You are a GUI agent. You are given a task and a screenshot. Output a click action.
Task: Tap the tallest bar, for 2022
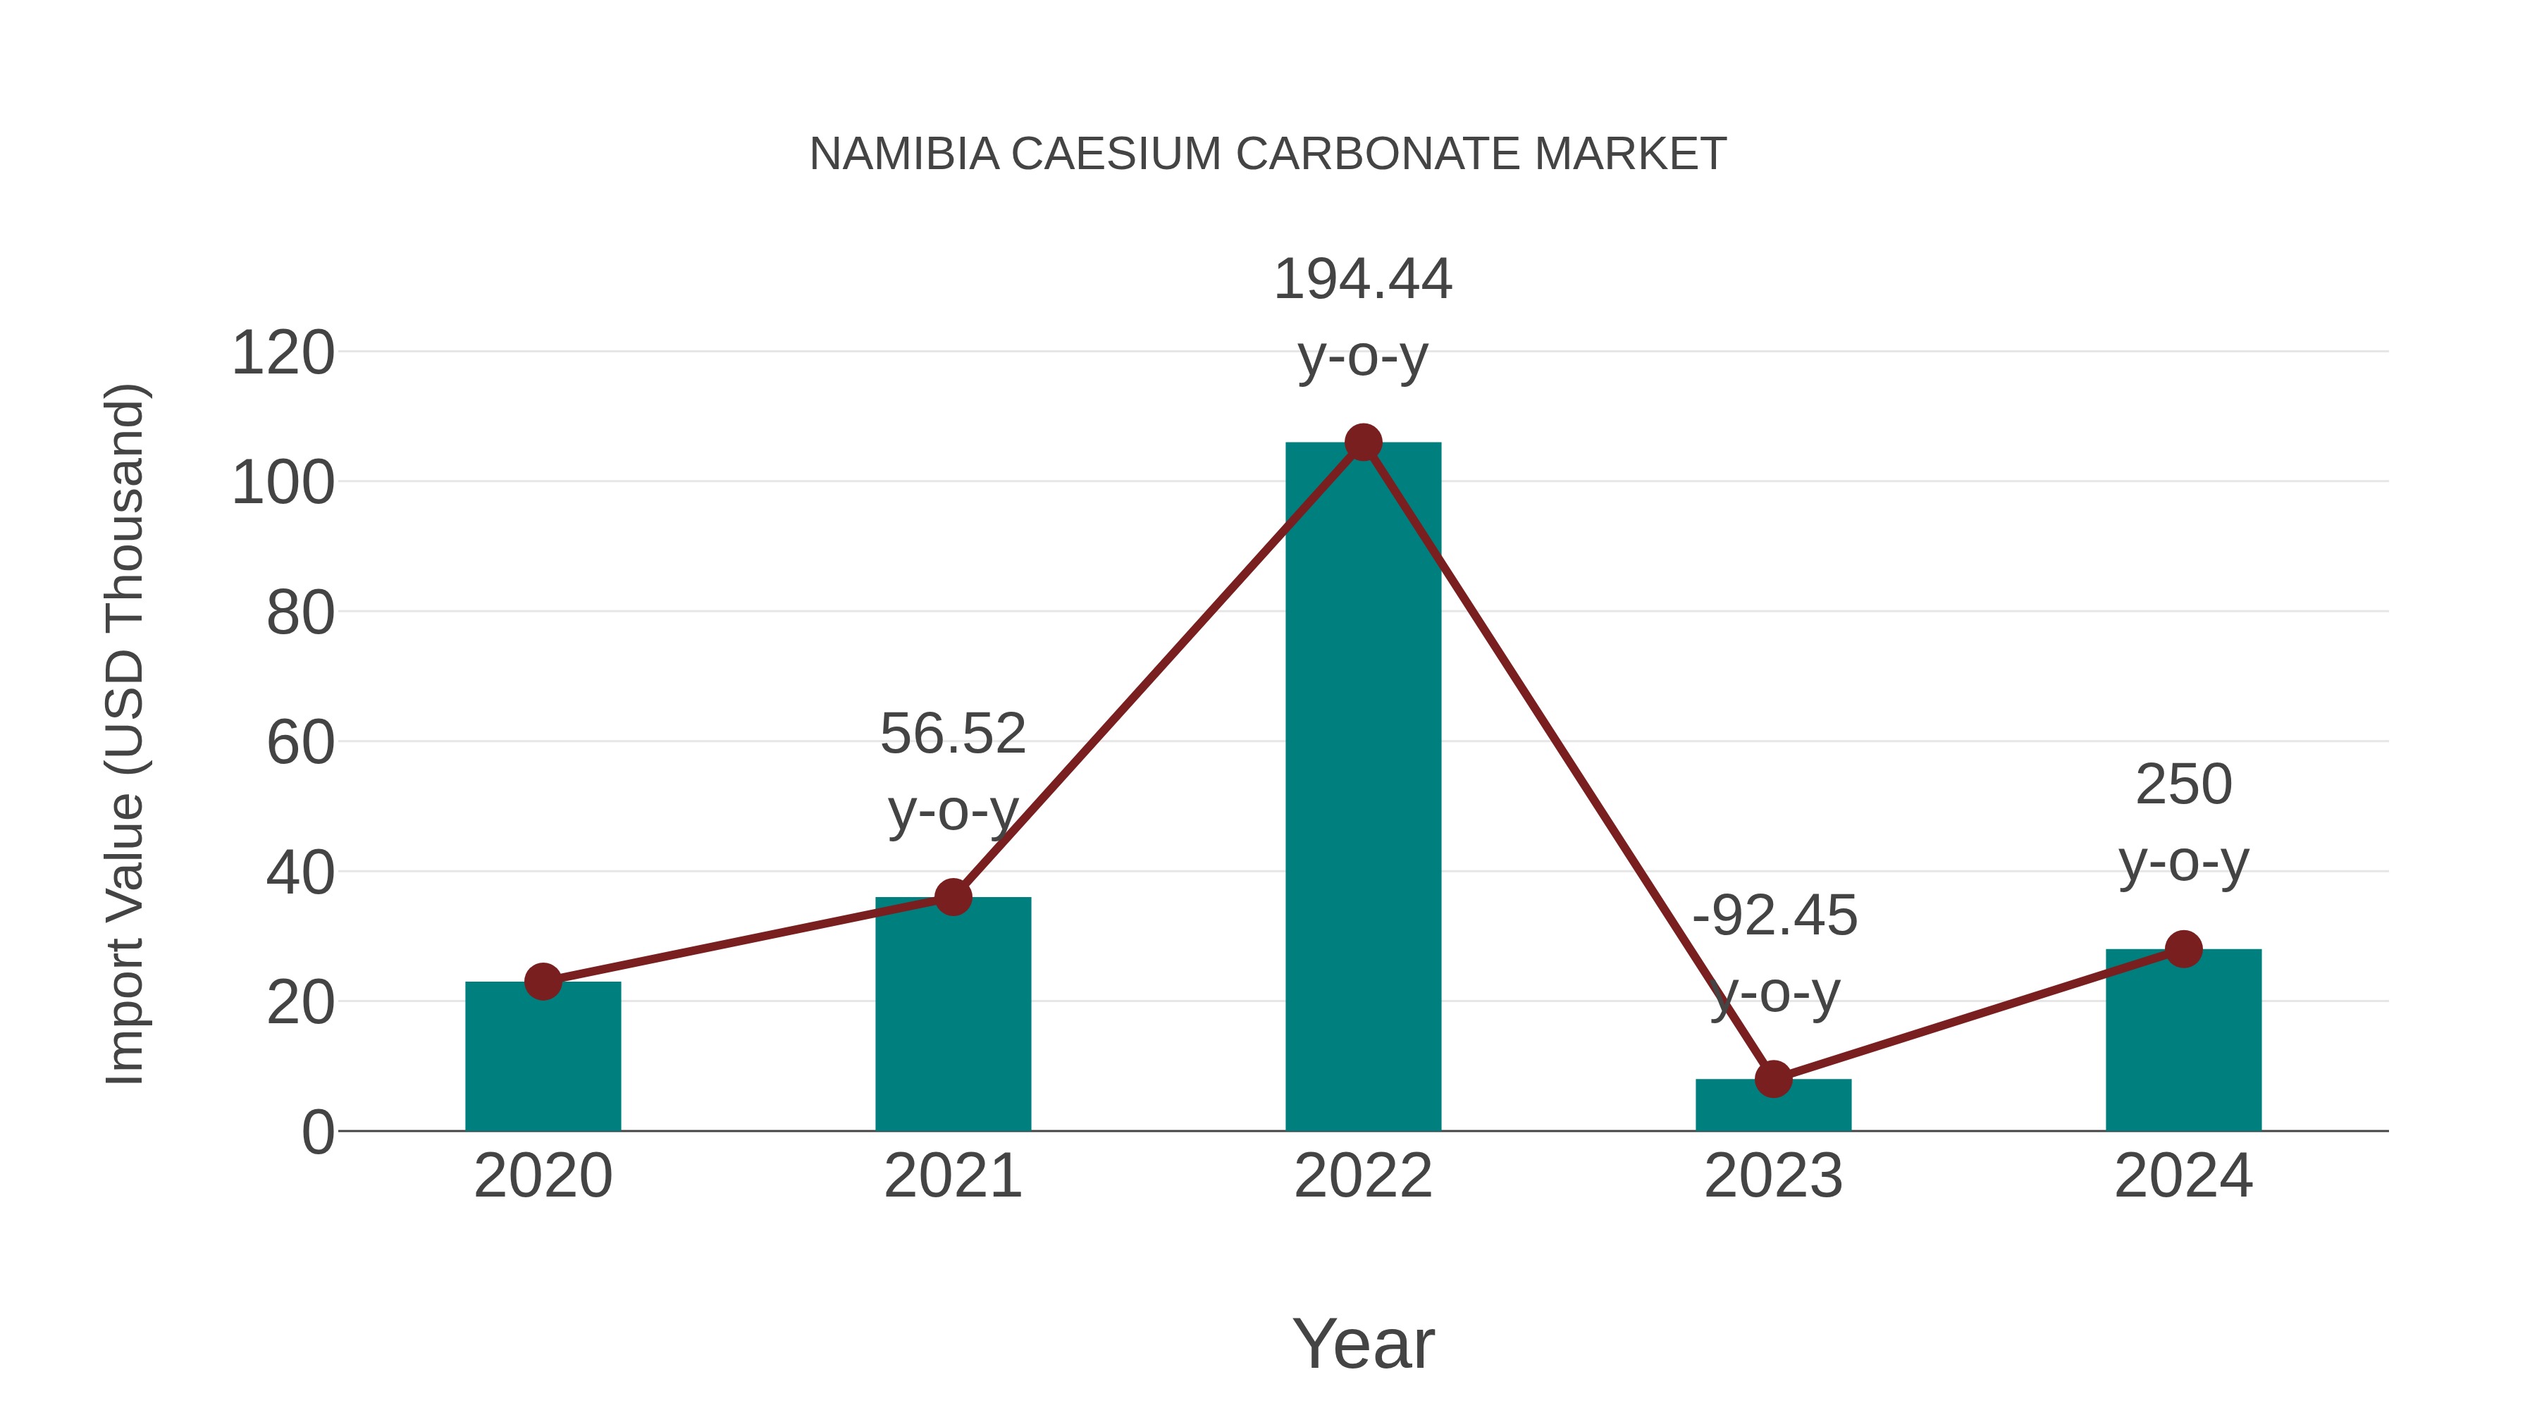point(1363,788)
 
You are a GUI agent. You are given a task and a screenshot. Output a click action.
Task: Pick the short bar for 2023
point(1773,1108)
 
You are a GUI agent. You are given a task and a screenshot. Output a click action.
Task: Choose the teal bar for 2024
point(2183,1044)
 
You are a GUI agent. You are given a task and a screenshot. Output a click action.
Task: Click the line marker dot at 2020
point(543,981)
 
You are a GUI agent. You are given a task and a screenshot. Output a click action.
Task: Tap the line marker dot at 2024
point(2183,949)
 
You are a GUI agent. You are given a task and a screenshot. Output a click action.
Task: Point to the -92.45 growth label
point(1774,916)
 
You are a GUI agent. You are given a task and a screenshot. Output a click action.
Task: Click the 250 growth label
point(2183,785)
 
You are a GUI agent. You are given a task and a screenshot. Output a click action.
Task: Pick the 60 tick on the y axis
point(300,743)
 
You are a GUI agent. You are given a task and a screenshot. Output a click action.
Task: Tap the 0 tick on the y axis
point(317,1132)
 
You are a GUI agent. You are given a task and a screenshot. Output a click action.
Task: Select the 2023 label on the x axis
point(1773,1176)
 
